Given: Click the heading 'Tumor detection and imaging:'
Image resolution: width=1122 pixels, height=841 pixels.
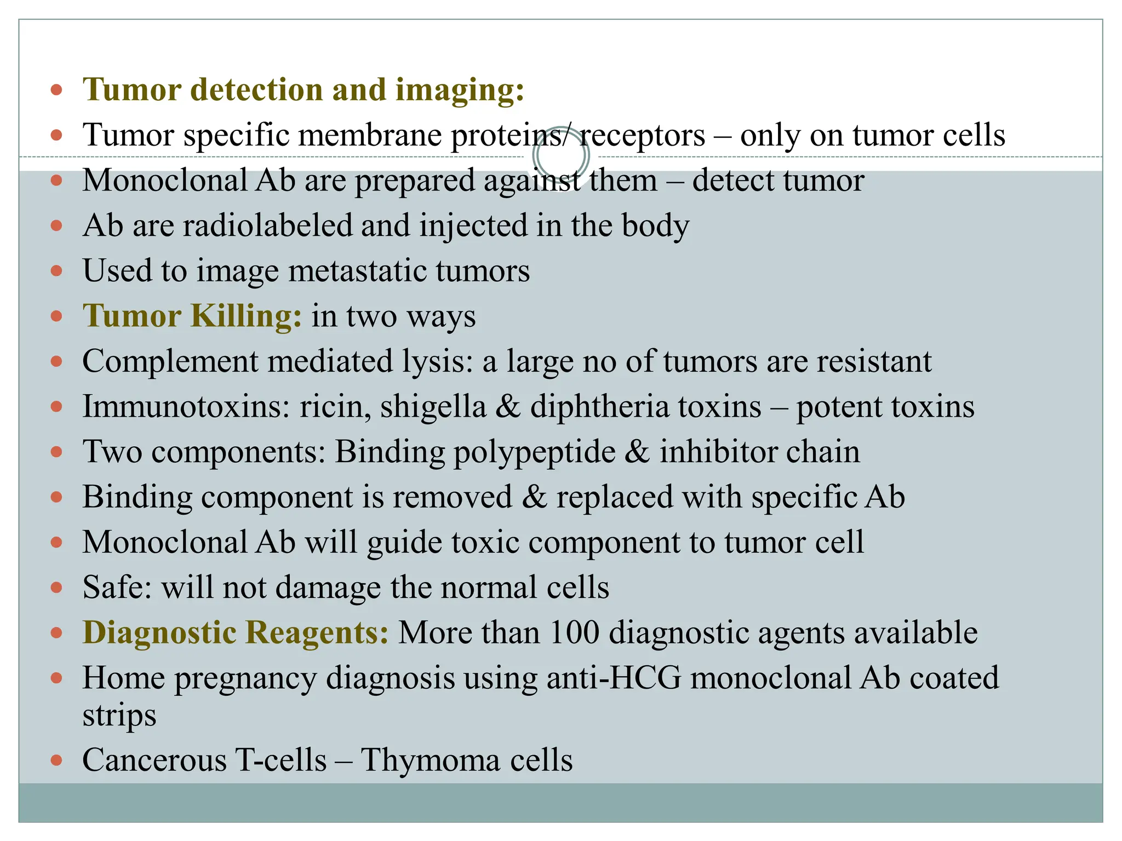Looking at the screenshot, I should [303, 89].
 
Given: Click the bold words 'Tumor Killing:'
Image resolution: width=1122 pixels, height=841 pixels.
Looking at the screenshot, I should [192, 316].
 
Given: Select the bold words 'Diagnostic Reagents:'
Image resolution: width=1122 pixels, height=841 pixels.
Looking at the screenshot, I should [236, 632].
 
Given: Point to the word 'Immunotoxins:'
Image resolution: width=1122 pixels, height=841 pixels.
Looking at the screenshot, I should [186, 407].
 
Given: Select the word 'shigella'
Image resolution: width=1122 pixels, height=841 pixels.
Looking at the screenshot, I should [433, 407].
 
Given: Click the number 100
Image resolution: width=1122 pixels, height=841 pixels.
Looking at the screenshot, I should [574, 632].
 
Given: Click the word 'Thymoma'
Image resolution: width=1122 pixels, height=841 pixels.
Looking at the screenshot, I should [430, 761].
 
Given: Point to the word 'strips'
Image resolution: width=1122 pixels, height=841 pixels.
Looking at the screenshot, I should [119, 715].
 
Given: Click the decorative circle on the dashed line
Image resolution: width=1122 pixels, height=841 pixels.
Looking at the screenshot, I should [561, 157].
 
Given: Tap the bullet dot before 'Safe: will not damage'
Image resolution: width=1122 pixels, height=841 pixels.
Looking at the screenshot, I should [56, 588].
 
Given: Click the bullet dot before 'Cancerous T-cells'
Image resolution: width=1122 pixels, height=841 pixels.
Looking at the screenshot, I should [56, 761].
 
